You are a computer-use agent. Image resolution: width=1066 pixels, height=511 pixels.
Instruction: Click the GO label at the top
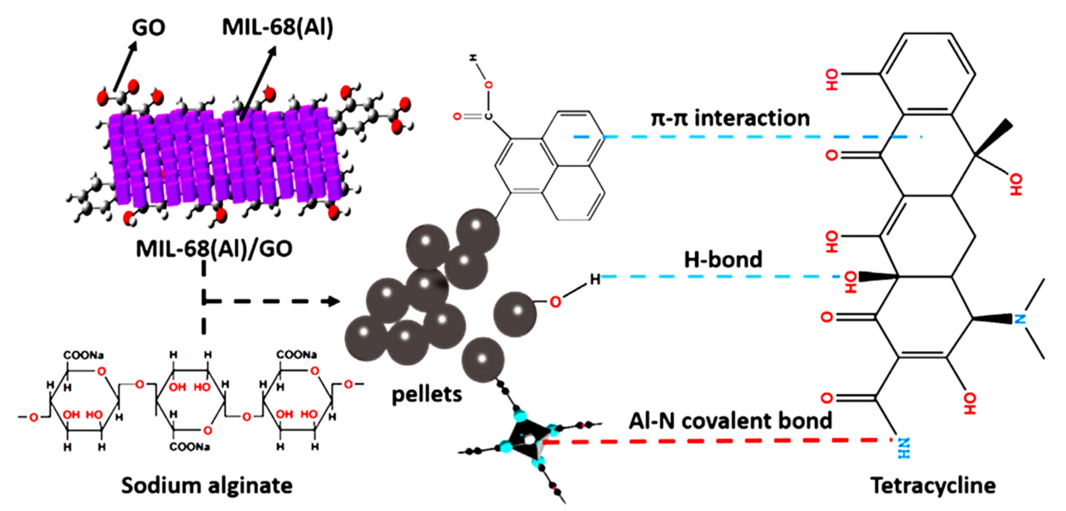point(148,28)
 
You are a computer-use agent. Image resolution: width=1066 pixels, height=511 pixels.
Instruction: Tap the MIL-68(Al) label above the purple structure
point(277,27)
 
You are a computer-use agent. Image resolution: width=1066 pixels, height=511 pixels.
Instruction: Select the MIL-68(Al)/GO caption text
point(214,249)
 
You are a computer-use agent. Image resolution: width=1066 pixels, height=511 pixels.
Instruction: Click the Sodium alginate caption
point(206,485)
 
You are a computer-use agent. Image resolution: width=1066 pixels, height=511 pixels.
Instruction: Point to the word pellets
point(427,394)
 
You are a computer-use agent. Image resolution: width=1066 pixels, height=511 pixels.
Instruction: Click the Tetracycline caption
point(933,485)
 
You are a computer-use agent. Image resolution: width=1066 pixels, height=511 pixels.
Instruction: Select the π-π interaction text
point(730,118)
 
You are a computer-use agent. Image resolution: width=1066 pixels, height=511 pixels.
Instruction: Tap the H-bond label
point(722,260)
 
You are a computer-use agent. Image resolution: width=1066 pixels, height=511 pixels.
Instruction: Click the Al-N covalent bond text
point(730,421)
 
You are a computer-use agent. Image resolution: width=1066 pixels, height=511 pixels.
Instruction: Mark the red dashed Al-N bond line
point(716,441)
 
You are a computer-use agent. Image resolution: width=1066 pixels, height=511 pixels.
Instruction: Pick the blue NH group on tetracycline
point(903,449)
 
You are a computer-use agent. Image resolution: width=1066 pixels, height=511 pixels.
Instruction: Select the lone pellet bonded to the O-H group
point(515,314)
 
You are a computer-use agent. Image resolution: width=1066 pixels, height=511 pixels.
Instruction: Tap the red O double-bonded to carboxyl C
point(457,117)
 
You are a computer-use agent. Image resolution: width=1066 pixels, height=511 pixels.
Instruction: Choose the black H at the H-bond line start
point(595,279)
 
